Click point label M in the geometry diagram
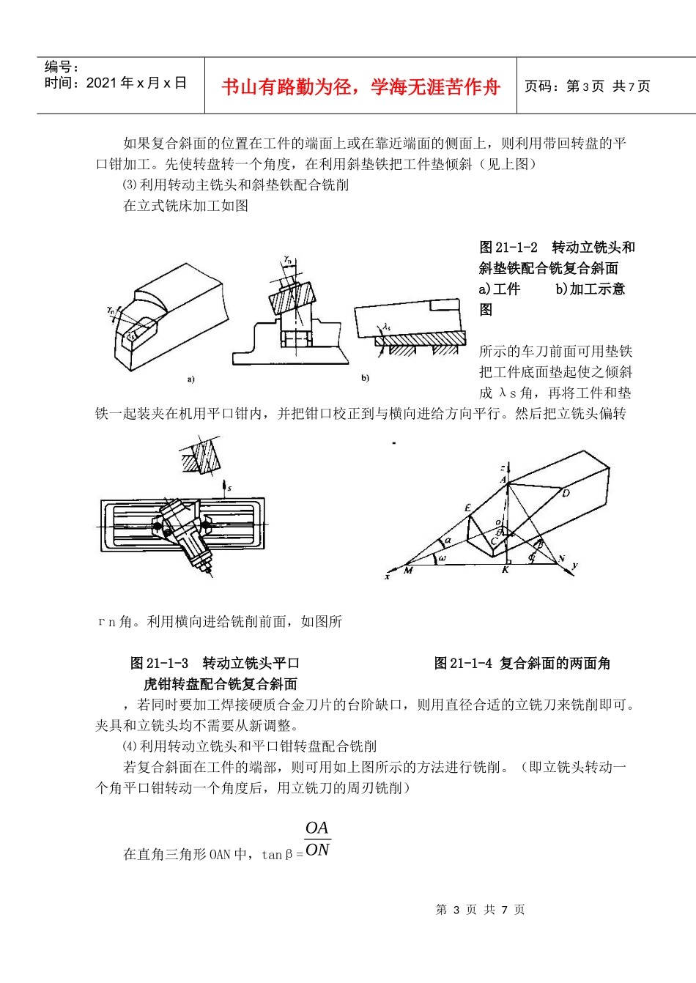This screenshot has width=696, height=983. [x=408, y=570]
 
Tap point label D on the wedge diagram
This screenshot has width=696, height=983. [x=566, y=493]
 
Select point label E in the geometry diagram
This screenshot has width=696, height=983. [x=467, y=508]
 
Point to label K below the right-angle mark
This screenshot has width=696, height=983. [x=505, y=570]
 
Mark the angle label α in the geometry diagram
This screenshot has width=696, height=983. [x=448, y=541]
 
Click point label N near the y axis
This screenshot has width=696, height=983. [x=562, y=559]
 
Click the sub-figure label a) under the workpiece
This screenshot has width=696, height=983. [x=190, y=379]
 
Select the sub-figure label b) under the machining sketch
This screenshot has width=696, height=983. [x=365, y=378]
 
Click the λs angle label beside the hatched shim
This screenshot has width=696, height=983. [x=386, y=327]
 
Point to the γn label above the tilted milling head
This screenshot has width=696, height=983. [x=289, y=259]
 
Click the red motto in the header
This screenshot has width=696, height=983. [x=360, y=87]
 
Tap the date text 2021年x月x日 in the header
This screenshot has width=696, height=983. [x=115, y=83]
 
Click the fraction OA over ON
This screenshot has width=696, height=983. [x=317, y=839]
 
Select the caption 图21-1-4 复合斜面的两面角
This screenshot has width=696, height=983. [x=522, y=664]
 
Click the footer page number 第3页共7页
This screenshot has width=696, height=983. [x=480, y=910]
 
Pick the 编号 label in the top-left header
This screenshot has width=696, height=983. [x=62, y=67]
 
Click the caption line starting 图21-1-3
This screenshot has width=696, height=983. [x=215, y=664]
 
